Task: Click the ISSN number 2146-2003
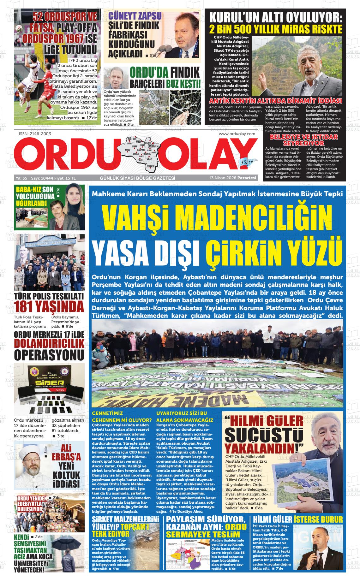click(x=35, y=133)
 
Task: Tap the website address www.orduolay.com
click(x=237, y=134)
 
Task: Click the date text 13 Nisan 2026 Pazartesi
click(x=232, y=178)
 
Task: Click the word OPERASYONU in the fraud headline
click(x=49, y=354)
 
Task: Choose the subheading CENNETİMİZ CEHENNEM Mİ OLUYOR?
click(x=122, y=416)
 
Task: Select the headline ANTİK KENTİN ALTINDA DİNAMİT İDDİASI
click(x=276, y=101)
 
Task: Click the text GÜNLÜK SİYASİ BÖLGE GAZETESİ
click(x=137, y=178)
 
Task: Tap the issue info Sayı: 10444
click(x=41, y=178)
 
